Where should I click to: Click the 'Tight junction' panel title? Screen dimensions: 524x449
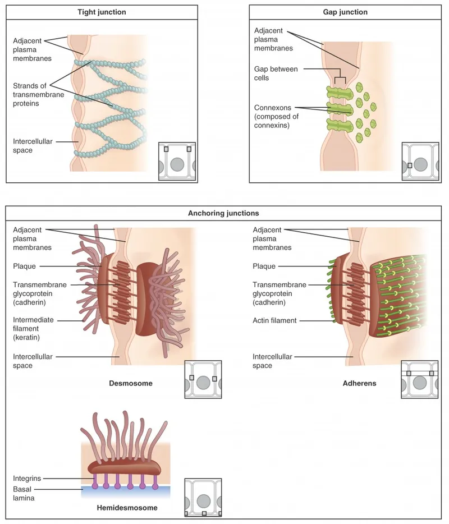(101, 12)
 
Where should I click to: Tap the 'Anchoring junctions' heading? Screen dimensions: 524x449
(223, 213)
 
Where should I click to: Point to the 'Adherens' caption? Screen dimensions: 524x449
(359, 384)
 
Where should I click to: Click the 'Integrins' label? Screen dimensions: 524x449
(26, 479)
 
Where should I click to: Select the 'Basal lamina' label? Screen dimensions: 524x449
(22, 493)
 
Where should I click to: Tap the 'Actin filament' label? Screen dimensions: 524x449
(274, 321)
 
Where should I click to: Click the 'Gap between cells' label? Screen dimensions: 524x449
(276, 73)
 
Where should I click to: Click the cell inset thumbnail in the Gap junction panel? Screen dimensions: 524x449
(420, 162)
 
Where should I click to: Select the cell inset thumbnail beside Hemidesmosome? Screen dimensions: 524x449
(203, 497)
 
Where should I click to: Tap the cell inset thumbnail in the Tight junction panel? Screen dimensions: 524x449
(177, 162)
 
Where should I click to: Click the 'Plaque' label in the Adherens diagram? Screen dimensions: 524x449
(264, 266)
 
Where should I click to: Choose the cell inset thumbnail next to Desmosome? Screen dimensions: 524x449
(203, 379)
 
